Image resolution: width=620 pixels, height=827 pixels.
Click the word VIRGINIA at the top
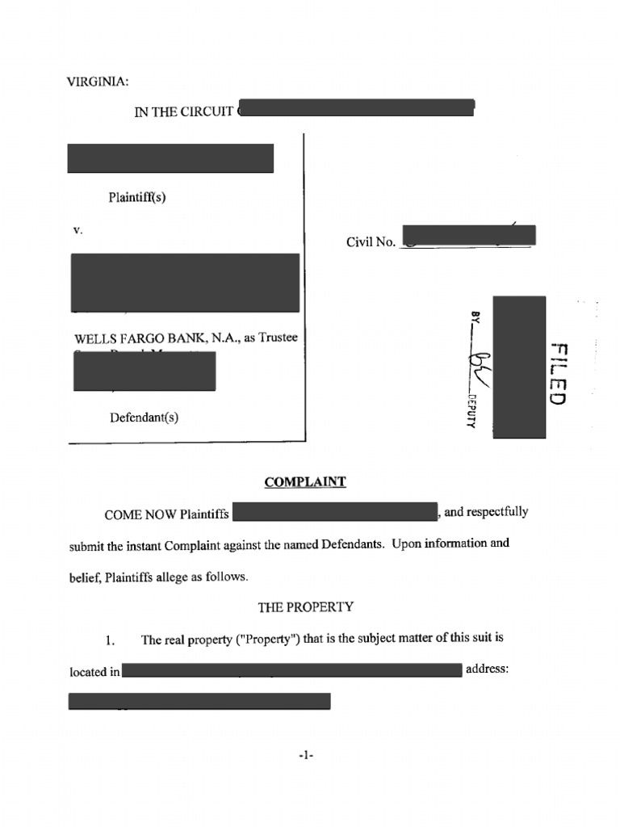coord(97,82)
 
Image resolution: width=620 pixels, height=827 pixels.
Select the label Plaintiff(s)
coord(137,197)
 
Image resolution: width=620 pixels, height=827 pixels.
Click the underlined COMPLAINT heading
coord(305,482)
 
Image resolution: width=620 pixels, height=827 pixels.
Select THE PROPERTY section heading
coord(305,606)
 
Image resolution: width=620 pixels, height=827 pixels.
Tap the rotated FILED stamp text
coord(558,373)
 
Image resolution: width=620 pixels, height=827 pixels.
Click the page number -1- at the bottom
coord(305,756)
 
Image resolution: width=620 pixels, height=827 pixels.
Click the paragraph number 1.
coord(112,641)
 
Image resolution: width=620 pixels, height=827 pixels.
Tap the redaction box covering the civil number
coord(468,236)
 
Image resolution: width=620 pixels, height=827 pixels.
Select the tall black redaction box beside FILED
coord(519,367)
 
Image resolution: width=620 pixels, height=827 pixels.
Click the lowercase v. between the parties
coord(77,230)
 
